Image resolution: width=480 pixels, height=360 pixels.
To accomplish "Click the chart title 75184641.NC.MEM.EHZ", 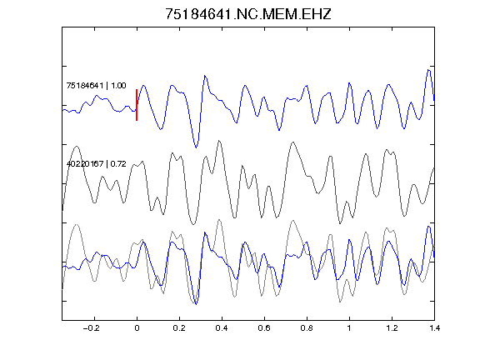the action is click(x=248, y=14).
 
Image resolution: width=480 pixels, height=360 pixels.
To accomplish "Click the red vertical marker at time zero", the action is click(x=137, y=105).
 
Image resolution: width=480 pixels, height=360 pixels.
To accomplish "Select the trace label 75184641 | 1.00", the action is click(x=96, y=85).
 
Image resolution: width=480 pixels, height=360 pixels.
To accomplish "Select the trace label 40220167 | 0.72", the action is click(x=96, y=164).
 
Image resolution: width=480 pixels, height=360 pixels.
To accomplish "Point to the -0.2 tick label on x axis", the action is click(x=92, y=328).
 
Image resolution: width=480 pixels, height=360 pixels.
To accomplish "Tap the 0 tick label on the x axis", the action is click(x=137, y=328).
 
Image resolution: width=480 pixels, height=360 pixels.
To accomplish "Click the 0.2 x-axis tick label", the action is click(x=179, y=328).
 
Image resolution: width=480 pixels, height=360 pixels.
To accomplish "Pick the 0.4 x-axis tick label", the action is click(x=222, y=328).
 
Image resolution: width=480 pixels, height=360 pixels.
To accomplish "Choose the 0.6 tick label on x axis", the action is click(x=264, y=328).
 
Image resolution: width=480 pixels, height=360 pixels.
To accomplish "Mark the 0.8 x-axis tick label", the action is click(x=307, y=328).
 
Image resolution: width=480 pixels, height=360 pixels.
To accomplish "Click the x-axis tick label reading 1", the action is click(x=349, y=328).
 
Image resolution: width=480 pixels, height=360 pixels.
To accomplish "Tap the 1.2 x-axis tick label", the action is click(x=392, y=328).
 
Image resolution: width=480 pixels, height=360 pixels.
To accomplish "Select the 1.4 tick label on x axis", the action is click(x=434, y=328).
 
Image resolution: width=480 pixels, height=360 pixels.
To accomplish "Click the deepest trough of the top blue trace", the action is click(x=196, y=147).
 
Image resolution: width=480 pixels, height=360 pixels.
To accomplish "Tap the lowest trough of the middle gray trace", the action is click(x=193, y=224).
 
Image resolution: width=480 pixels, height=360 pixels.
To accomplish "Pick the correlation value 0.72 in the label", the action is click(x=118, y=164).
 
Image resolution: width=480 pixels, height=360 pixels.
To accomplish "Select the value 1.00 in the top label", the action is click(x=118, y=85).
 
